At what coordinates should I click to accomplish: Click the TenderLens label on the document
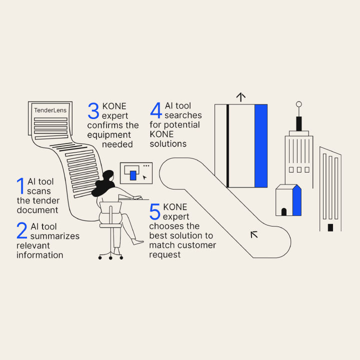50,110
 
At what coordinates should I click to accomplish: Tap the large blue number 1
20,185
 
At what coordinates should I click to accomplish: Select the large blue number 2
22,230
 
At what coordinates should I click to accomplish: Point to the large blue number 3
93,110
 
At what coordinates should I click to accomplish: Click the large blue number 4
156,110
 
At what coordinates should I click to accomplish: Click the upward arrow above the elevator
241,97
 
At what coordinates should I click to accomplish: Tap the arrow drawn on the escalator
254,233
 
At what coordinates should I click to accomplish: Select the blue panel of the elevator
261,146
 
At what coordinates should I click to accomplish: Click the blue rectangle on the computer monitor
133,175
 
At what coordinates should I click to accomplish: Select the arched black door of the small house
284,211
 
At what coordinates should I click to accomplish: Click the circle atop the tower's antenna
299,104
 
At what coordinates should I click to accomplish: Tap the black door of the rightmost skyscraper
330,227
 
